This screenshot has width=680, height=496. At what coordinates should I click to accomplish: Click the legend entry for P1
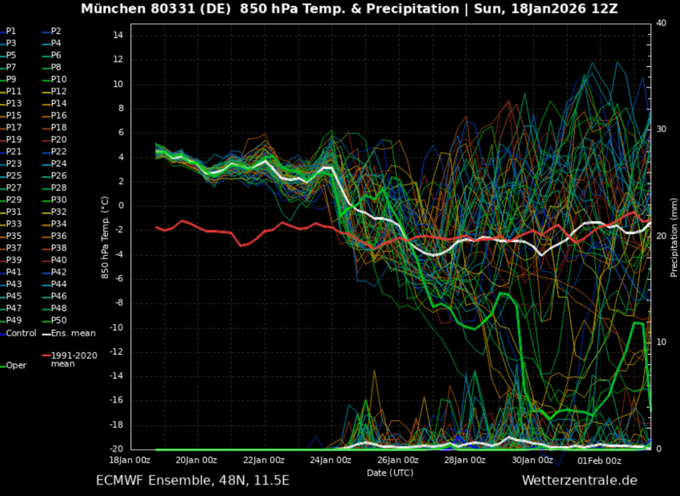coord(11,31)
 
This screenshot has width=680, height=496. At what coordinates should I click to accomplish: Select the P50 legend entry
coord(59,320)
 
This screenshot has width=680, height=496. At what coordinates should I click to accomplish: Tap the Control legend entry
coord(21,333)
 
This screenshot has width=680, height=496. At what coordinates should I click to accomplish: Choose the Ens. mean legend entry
coord(72,333)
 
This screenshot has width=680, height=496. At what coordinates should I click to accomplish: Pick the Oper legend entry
coord(16,365)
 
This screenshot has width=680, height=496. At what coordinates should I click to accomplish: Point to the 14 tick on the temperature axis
coord(119,35)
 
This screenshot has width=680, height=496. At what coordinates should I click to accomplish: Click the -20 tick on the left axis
coord(116,449)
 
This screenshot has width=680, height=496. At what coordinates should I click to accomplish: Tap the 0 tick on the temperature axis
coord(121,206)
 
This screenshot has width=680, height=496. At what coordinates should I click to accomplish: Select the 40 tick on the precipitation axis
coord(662,23)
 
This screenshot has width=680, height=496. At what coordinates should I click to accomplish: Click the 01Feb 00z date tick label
coord(599,461)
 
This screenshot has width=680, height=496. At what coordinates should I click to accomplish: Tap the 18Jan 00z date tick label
coord(129,461)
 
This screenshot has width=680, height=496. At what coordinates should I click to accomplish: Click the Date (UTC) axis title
coord(390,473)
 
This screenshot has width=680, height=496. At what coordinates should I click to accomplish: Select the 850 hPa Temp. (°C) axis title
coord(105,238)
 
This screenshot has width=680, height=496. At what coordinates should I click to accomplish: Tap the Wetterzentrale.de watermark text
coord(579,480)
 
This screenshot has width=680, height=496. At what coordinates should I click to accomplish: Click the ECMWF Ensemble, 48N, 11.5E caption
coord(193,480)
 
